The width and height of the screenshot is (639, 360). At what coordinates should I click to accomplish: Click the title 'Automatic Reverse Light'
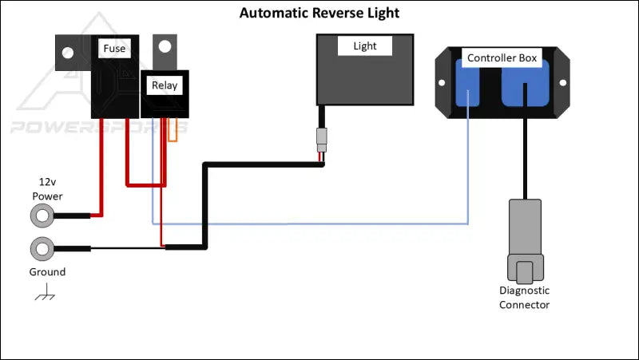319,14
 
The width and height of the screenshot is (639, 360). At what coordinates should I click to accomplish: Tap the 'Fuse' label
114,49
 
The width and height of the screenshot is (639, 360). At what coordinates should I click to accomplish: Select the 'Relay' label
165,85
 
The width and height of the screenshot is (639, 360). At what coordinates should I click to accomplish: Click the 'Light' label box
364,45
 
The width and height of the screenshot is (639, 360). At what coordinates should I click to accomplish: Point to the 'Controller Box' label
502,58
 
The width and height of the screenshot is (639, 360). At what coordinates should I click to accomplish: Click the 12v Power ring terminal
42,216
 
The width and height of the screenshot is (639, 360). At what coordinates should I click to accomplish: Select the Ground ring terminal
42,249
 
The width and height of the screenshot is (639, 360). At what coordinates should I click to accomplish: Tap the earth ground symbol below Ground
45,296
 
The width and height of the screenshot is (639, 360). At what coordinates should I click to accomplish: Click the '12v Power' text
46,188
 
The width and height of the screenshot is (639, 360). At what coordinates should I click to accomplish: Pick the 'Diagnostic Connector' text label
524,298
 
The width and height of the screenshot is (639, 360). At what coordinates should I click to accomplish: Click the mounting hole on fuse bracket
68,53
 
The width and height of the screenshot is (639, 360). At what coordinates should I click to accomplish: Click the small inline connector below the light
321,140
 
